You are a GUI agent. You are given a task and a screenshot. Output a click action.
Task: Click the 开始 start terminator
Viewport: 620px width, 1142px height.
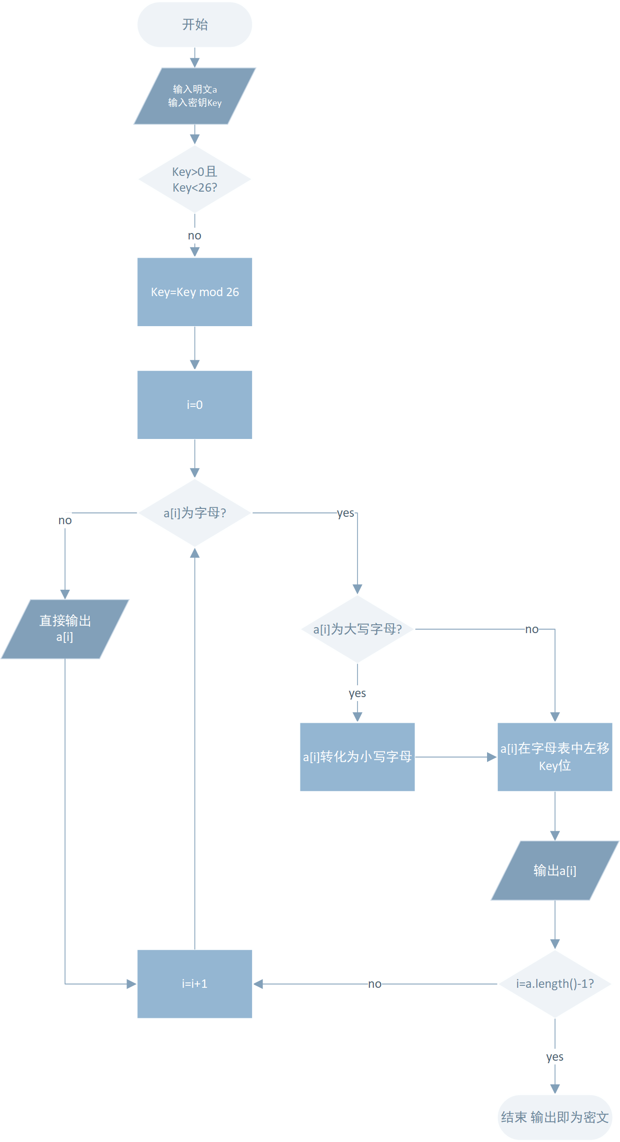[x=195, y=25]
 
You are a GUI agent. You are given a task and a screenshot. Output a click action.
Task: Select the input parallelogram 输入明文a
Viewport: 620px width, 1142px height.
[x=195, y=96]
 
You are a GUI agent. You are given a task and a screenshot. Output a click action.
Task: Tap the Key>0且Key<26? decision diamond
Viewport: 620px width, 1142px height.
[x=195, y=179]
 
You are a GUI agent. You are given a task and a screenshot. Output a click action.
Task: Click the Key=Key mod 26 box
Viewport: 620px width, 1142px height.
[x=195, y=292]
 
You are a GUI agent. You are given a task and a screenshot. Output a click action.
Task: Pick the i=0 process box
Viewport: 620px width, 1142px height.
[x=195, y=405]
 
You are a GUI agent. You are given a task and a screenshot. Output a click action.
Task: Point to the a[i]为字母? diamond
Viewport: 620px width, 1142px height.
[x=195, y=513]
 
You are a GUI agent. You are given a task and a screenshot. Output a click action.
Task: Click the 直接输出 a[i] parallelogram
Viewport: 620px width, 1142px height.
[x=65, y=629]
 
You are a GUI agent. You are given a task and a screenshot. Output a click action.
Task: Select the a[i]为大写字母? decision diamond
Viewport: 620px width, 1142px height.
[x=358, y=629]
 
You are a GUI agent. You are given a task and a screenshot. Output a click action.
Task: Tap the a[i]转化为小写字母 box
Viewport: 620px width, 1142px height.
[x=358, y=757]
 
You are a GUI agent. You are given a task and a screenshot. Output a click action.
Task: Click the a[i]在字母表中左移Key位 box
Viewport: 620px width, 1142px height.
[x=555, y=757]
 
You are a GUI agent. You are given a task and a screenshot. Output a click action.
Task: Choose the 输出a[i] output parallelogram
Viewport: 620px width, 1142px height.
[x=555, y=871]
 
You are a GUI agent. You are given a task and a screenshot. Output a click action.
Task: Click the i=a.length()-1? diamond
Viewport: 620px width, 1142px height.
[x=555, y=984]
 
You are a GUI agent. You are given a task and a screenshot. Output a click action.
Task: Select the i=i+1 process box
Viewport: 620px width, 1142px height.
[x=195, y=984]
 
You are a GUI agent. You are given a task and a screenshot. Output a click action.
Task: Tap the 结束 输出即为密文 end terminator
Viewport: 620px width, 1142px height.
[x=555, y=1117]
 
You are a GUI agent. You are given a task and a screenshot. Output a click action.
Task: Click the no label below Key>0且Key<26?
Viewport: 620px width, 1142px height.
[x=195, y=235]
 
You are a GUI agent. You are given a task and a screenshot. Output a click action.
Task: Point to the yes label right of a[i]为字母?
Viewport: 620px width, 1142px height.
[x=346, y=513]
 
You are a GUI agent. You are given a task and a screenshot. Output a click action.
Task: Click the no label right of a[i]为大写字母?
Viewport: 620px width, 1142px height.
[x=532, y=629]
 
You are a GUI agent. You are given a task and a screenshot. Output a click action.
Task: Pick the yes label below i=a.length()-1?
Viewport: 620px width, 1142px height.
[x=555, y=1057]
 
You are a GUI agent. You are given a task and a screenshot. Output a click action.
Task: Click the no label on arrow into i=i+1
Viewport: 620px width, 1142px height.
[x=375, y=984]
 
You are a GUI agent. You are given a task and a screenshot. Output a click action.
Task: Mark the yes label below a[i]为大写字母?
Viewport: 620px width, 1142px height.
[x=358, y=693]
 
